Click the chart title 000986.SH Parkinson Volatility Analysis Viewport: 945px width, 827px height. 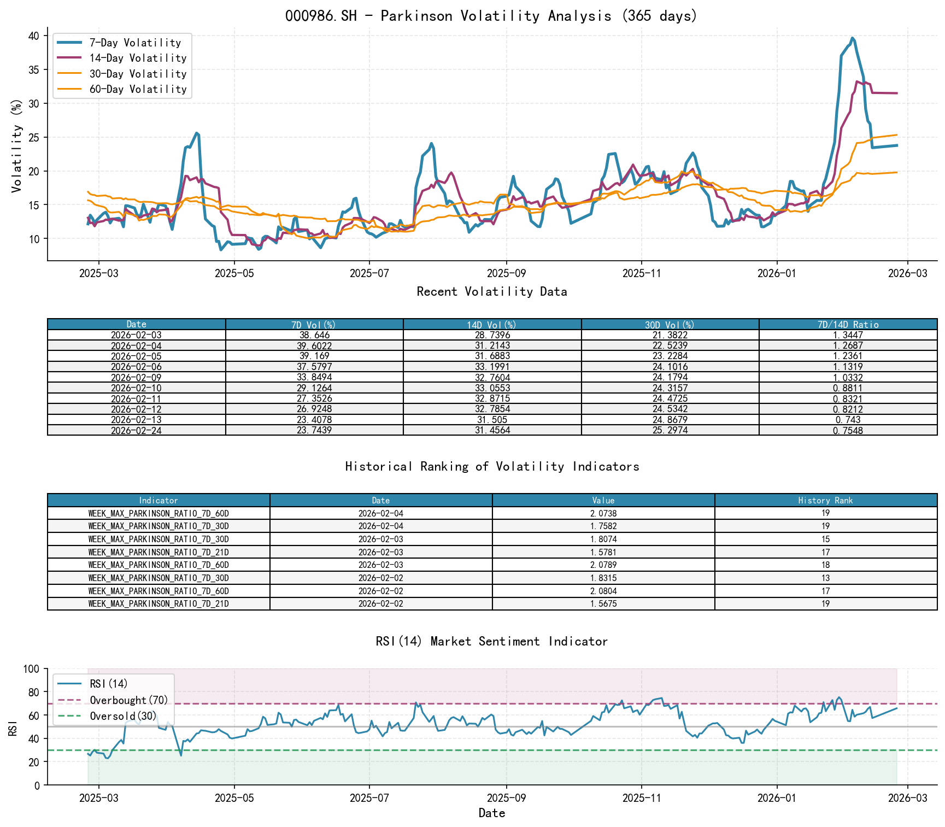click(491, 16)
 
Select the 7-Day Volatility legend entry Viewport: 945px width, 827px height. click(135, 43)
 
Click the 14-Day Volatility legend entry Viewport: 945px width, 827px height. click(138, 58)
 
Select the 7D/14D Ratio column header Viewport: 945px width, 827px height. click(848, 325)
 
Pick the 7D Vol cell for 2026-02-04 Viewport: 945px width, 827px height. click(314, 346)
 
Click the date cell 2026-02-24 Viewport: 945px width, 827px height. click(136, 431)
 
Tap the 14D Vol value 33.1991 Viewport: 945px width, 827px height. click(492, 367)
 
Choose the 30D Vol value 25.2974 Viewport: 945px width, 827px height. click(670, 431)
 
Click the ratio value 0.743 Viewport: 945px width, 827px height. click(848, 420)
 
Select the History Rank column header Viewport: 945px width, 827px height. click(825, 501)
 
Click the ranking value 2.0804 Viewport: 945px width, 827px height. click(603, 591)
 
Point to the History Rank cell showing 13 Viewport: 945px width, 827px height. click(825, 578)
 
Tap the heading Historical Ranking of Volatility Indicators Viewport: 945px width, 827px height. click(492, 466)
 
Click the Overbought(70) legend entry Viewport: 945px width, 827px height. click(128, 700)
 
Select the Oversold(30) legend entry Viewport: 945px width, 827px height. click(123, 716)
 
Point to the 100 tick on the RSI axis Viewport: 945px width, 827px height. click(32, 669)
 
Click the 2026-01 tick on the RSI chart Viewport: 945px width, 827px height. click(777, 798)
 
